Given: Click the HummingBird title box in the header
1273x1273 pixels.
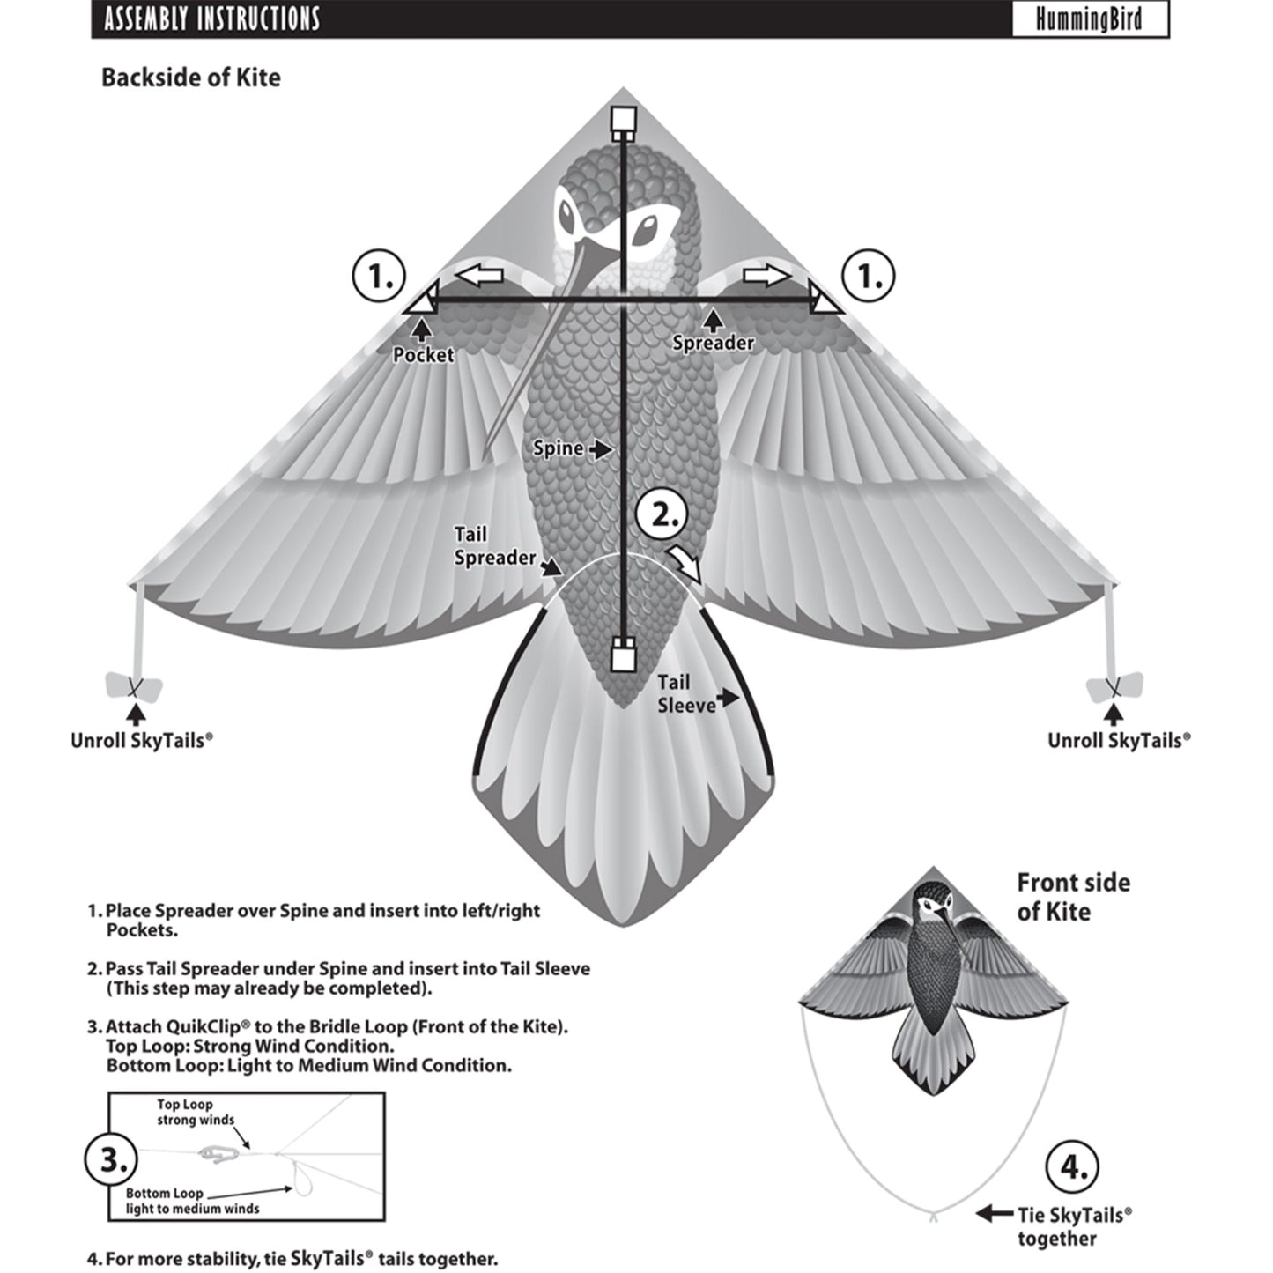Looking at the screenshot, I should [1089, 19].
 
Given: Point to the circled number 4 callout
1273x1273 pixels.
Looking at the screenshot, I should [1073, 1167].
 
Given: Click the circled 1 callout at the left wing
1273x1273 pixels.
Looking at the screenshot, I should [380, 277].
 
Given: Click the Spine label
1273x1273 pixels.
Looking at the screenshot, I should [559, 448].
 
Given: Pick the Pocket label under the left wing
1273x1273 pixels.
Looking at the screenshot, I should [423, 355].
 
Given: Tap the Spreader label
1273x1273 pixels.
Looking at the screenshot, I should [713, 342].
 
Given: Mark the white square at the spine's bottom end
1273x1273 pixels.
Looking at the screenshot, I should [624, 656].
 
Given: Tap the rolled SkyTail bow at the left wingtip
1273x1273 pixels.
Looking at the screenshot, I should [134, 686].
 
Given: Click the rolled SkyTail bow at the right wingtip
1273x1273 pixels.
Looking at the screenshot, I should [1115, 686].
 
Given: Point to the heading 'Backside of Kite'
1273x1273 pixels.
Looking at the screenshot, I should [191, 78].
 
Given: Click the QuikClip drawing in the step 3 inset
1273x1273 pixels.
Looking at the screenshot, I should [221, 1151].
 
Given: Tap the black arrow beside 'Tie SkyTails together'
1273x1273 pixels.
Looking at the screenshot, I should [994, 1214].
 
